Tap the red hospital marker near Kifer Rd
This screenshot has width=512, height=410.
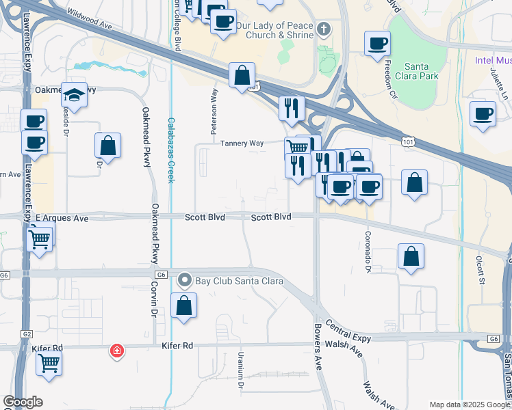(118, 351)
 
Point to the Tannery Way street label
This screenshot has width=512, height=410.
(242, 143)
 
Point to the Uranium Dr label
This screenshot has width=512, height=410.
(241, 370)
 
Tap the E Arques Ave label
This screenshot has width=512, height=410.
(62, 219)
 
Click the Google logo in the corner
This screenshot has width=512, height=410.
(23, 402)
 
